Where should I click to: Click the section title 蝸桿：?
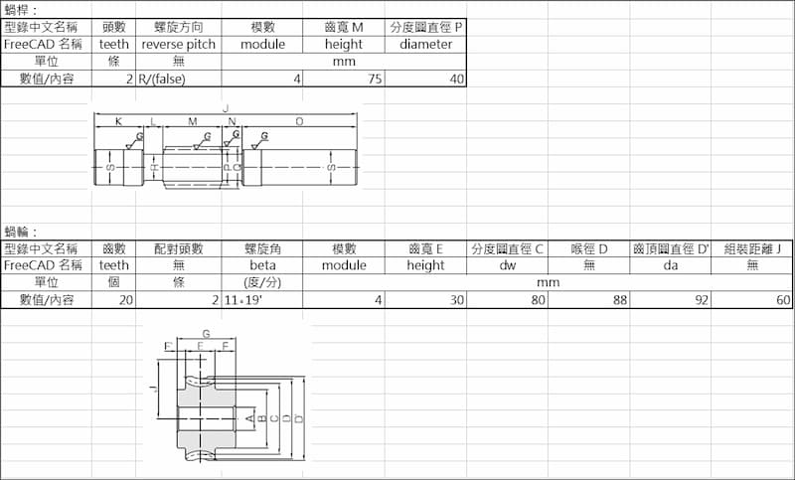[21, 9]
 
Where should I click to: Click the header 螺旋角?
[263, 248]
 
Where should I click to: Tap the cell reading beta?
[263, 265]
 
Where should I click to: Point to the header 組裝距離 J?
[752, 248]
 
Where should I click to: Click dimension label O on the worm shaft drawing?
[300, 120]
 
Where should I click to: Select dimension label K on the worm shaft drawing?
[118, 120]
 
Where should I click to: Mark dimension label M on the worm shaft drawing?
[193, 120]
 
